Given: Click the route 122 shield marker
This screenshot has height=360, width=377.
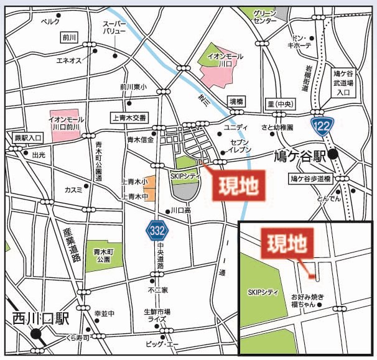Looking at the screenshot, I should click(x=323, y=124).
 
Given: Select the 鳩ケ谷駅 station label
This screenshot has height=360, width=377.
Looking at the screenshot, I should click(x=300, y=155).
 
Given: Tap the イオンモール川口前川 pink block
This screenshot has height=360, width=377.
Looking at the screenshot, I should click(x=69, y=121).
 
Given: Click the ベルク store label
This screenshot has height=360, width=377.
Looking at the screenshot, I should click(x=50, y=21).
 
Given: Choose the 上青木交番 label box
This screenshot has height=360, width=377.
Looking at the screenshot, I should click(x=129, y=117).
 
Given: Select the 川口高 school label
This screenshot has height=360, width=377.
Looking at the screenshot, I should click(x=181, y=211).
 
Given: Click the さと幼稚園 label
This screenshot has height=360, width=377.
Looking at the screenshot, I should click(x=277, y=127).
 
